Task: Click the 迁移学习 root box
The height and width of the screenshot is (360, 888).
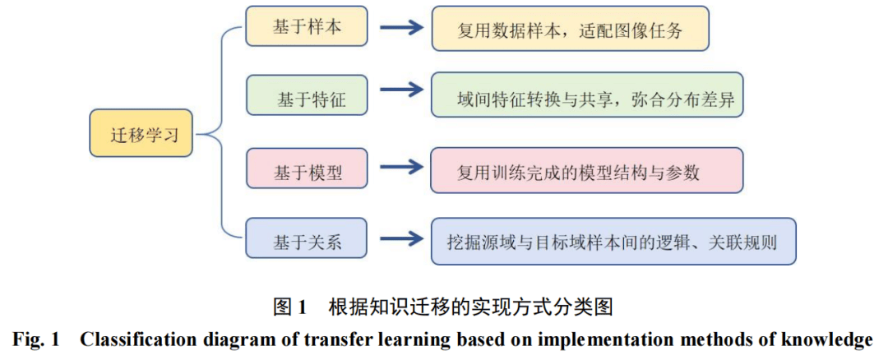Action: click(141, 134)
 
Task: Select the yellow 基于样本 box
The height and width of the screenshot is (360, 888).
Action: click(306, 26)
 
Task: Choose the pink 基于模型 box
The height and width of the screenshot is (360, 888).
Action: click(306, 167)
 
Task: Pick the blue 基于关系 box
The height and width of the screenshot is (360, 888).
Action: click(306, 238)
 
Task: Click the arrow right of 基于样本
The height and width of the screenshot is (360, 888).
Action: click(401, 26)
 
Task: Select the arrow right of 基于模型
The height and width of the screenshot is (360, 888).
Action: click(401, 166)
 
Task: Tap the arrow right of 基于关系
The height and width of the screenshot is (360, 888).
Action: click(401, 238)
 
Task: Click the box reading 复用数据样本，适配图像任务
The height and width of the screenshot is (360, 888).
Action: click(571, 28)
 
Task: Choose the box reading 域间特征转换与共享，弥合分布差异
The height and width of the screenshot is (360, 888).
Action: click(587, 95)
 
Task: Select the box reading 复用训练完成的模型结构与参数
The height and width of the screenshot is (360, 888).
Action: click(587, 170)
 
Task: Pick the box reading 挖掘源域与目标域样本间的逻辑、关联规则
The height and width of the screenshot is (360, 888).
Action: click(614, 241)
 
